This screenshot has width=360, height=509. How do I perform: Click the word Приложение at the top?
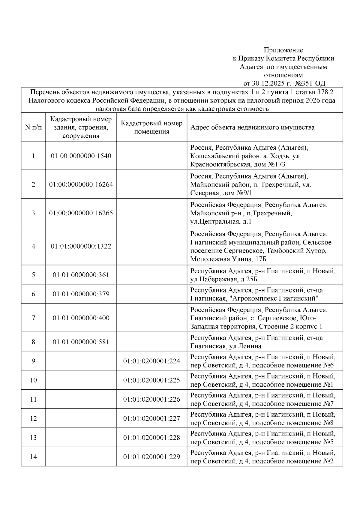(283, 50)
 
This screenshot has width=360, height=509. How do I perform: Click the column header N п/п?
(33, 127)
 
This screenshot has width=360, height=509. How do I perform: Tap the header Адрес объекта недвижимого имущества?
(253, 127)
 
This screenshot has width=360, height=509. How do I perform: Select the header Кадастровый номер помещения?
(151, 127)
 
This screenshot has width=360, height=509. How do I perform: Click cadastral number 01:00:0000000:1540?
(81, 156)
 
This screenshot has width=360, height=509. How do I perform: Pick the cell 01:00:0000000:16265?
(81, 213)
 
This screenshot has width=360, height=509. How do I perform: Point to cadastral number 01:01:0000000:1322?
(81, 246)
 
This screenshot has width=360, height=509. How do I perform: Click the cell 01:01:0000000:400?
(81, 318)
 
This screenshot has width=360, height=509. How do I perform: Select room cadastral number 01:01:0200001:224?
(151, 361)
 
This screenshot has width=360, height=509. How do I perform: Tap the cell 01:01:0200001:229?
(151, 457)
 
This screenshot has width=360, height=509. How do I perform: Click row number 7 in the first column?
(33, 318)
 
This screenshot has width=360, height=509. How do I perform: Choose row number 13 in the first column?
(33, 438)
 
